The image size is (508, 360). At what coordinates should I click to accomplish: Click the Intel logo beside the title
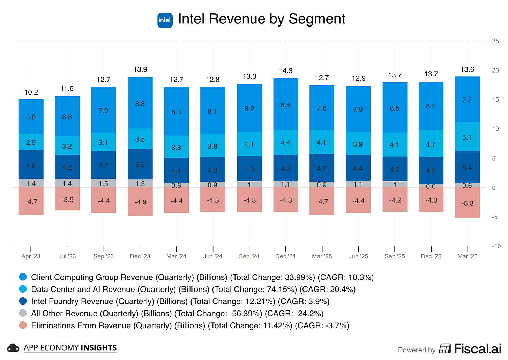tap(165, 20)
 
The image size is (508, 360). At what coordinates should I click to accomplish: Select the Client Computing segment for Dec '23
tap(140, 103)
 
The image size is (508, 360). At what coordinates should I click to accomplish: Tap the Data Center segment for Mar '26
tap(467, 137)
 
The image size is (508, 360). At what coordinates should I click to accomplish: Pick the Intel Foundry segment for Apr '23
tap(31, 165)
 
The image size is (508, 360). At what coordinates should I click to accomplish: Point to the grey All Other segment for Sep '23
tap(103, 183)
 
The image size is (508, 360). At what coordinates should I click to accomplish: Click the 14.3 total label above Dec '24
tap(285, 71)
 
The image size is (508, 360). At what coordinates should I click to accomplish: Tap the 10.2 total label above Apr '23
tap(31, 92)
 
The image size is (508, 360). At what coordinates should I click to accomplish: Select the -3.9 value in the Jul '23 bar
tap(67, 200)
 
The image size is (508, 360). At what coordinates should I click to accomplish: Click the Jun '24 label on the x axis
tap(213, 256)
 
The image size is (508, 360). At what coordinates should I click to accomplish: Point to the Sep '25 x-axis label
tap(395, 256)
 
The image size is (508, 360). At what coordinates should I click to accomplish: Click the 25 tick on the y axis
tap(495, 41)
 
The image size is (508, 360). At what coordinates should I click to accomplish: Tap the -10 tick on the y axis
tap(496, 246)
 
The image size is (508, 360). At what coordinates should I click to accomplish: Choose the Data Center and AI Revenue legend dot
tap(23, 289)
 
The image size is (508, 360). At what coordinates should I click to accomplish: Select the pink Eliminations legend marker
tap(23, 325)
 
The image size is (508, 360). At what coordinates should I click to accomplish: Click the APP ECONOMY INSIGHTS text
tap(70, 348)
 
